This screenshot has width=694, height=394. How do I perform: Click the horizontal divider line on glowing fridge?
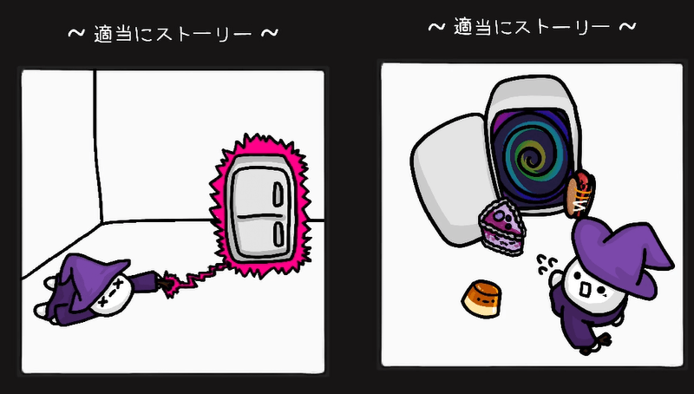pos(260,213)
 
